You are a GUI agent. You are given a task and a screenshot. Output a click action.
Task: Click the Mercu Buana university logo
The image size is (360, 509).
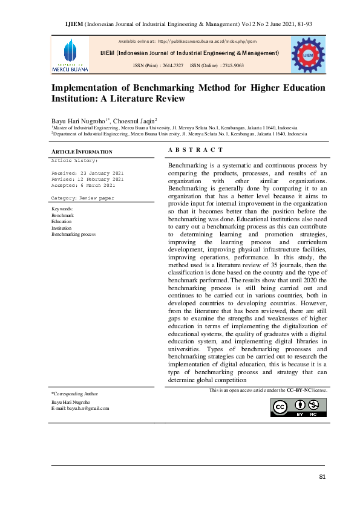(x=70, y=55)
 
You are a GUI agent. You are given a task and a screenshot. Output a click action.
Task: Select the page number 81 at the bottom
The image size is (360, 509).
(x=322, y=478)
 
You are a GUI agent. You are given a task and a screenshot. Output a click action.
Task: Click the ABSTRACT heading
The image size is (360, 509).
(x=187, y=150)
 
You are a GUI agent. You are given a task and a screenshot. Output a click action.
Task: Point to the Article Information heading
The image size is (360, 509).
(x=73, y=151)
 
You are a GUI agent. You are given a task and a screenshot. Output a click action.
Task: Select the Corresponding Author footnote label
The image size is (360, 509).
(x=74, y=394)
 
